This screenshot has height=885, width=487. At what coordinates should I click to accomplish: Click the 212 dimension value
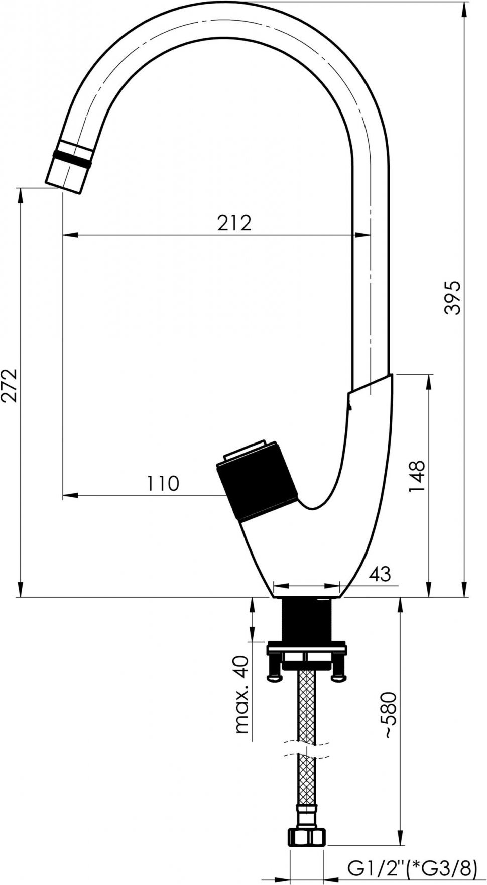pyautogui.click(x=234, y=223)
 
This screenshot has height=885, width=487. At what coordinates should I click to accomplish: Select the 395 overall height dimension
pyautogui.click(x=452, y=297)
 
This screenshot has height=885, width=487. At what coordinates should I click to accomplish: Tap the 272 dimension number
pyautogui.click(x=10, y=385)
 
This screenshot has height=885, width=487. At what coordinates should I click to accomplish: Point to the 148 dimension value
pyautogui.click(x=416, y=476)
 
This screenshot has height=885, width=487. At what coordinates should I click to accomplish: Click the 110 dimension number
pyautogui.click(x=163, y=483)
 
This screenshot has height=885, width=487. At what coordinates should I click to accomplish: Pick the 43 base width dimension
pyautogui.click(x=380, y=573)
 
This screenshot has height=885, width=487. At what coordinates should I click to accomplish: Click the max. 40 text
pyautogui.click(x=242, y=695)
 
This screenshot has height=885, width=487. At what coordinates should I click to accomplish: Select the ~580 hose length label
pyautogui.click(x=391, y=715)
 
